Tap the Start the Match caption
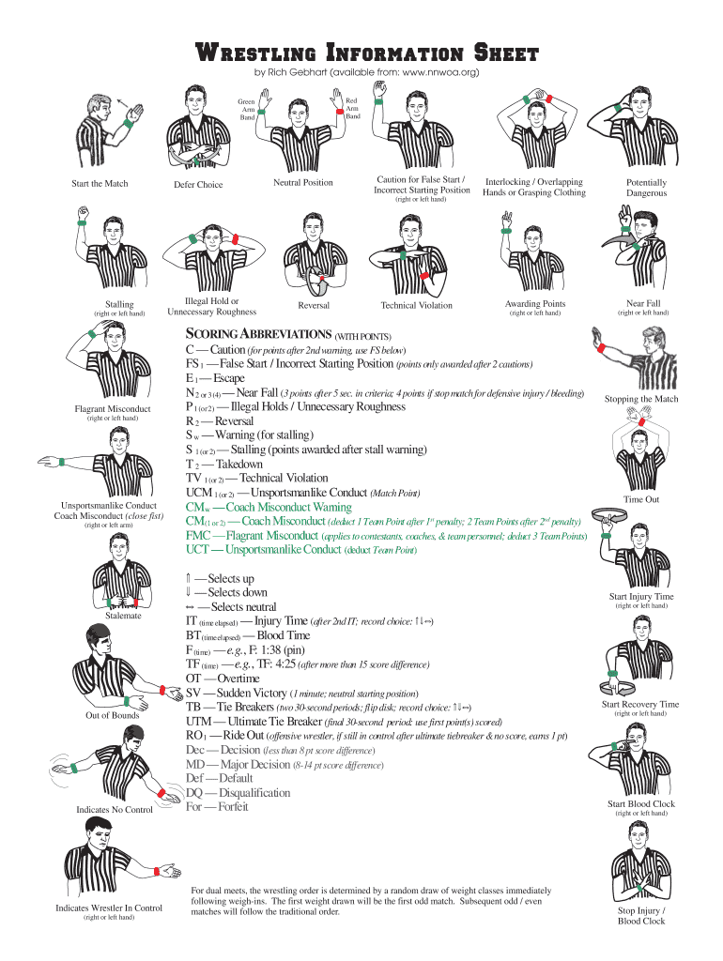(x=100, y=183)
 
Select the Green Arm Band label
(x=246, y=108)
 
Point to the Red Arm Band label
(x=351, y=108)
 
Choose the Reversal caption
(x=314, y=305)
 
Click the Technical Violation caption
(x=416, y=305)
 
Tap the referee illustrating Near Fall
(x=643, y=251)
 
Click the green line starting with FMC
(x=385, y=535)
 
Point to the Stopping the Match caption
(x=642, y=399)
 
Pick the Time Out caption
(x=642, y=499)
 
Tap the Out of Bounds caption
(x=113, y=715)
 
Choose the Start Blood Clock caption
(x=641, y=803)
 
